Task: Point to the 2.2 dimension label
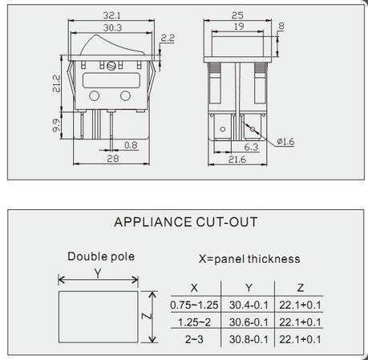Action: (168, 38)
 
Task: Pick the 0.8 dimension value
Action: (131, 146)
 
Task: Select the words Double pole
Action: (100, 257)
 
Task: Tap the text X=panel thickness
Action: (249, 259)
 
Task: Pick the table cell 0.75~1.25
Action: (193, 305)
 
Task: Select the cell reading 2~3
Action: (193, 339)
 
